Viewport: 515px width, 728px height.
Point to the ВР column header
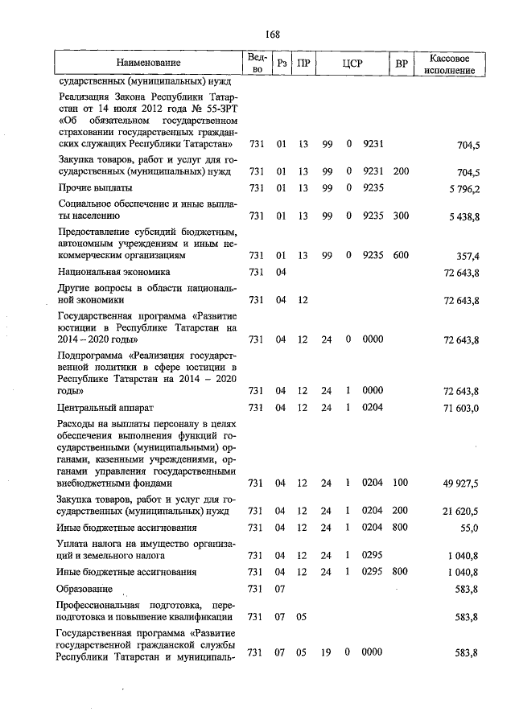click(x=401, y=63)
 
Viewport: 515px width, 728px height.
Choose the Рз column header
click(x=281, y=63)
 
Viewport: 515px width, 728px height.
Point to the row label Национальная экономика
click(x=113, y=272)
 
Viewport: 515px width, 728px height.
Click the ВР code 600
click(x=401, y=255)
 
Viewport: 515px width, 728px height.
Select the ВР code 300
click(x=401, y=216)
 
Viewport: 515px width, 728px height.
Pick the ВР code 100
click(x=401, y=483)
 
